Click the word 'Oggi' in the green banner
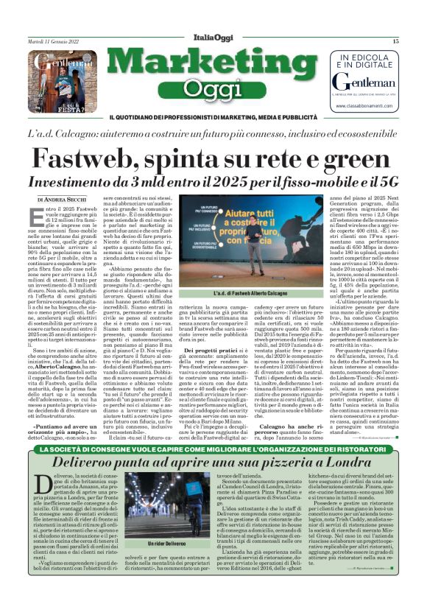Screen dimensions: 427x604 (211, 89)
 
